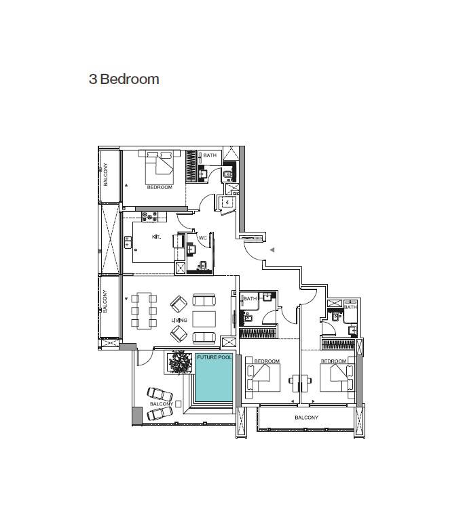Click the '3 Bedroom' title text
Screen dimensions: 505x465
click(124, 79)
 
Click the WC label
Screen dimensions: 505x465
click(202, 238)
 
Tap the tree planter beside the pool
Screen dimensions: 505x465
click(181, 361)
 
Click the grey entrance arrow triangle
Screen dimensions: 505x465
click(272, 250)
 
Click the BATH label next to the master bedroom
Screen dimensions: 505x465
click(210, 156)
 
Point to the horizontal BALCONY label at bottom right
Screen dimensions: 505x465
click(306, 418)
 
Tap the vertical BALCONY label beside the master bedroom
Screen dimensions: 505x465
click(106, 175)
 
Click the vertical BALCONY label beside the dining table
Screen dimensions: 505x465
click(106, 301)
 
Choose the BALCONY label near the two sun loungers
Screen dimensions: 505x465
click(161, 404)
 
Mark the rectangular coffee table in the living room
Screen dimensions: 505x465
click(204, 318)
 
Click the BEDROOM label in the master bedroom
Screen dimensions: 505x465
click(160, 187)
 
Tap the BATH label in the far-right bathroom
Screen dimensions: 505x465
click(350, 307)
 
